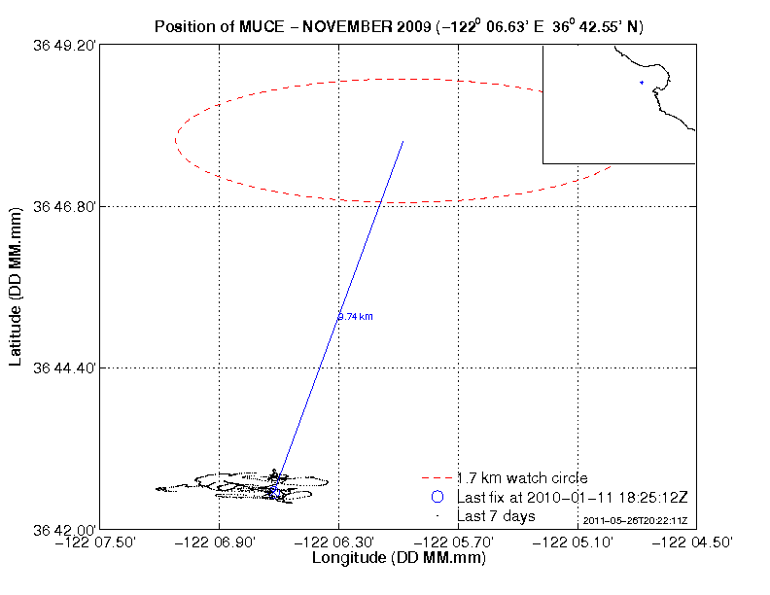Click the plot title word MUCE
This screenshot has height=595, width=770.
257,26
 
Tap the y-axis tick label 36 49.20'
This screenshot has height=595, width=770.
66,45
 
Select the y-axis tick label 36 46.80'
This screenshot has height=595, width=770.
66,206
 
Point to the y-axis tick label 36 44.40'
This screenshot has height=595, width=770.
66,367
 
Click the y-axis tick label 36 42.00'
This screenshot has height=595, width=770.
66,529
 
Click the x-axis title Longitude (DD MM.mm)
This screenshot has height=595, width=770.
398,559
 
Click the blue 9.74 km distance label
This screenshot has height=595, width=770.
356,316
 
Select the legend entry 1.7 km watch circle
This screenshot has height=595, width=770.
522,478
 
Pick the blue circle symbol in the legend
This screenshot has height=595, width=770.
437,497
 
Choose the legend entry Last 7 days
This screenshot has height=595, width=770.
496,515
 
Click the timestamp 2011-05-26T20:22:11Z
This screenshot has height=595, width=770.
636,521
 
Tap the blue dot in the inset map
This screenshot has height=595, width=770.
642,83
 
